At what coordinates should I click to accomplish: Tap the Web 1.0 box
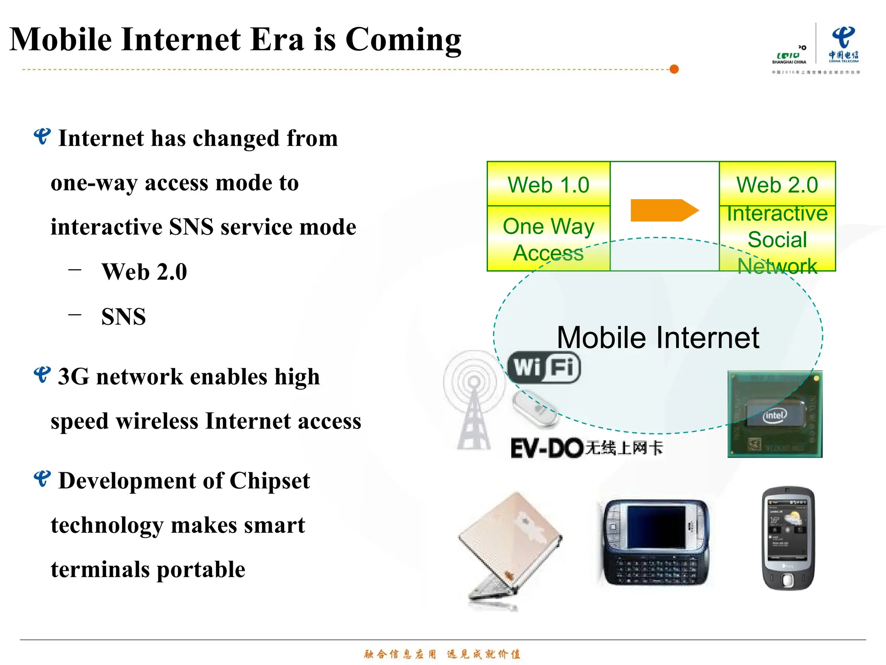pos(548,184)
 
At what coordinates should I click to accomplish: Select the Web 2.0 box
pos(777,184)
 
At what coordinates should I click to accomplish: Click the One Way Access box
pos(548,239)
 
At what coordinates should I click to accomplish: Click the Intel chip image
pos(774,414)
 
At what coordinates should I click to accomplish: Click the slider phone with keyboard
pos(655,543)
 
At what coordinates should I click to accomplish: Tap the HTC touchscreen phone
pos(788,538)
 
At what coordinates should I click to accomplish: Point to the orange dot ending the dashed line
pos(674,69)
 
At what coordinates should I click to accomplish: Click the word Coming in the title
pos(403,40)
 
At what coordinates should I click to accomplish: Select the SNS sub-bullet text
pos(123,316)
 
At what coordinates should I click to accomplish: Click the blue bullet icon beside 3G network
pos(42,375)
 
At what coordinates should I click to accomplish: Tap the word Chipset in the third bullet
pos(270,481)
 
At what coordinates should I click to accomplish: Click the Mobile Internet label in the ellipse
pos(658,338)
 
